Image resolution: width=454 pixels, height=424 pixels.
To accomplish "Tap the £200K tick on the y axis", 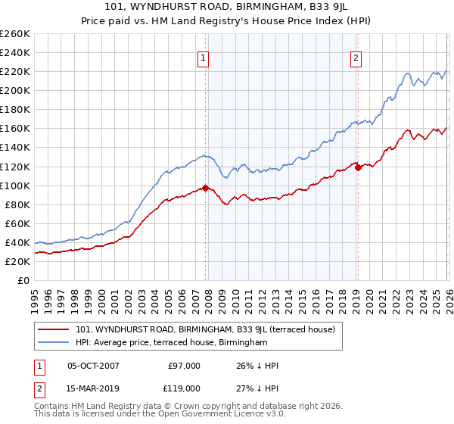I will [15, 90].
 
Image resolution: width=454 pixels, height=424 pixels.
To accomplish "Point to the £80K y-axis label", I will [17, 204].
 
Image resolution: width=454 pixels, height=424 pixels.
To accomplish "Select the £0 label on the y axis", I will [23, 280].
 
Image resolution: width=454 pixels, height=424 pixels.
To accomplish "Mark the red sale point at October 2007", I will [205, 188].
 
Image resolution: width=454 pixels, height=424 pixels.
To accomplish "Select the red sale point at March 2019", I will [358, 167].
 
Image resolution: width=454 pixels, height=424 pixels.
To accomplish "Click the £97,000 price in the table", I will [184, 366].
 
